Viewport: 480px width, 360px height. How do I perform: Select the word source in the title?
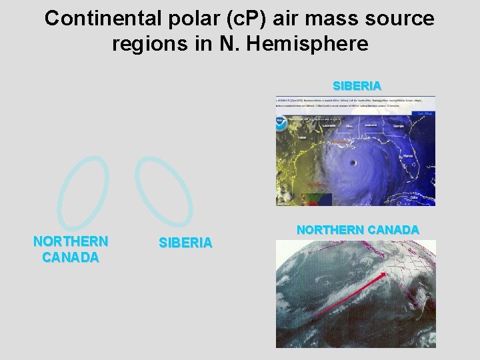399,19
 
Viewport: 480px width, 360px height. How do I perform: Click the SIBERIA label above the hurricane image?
357,86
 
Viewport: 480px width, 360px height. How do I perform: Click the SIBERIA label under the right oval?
185,243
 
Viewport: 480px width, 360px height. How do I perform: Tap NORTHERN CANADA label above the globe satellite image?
358,230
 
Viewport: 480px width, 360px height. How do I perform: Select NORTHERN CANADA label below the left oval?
71,249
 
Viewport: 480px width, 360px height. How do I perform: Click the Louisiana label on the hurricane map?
328,125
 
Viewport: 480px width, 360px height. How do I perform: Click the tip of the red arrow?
387,273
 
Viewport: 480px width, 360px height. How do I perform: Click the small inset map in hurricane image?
316,199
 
